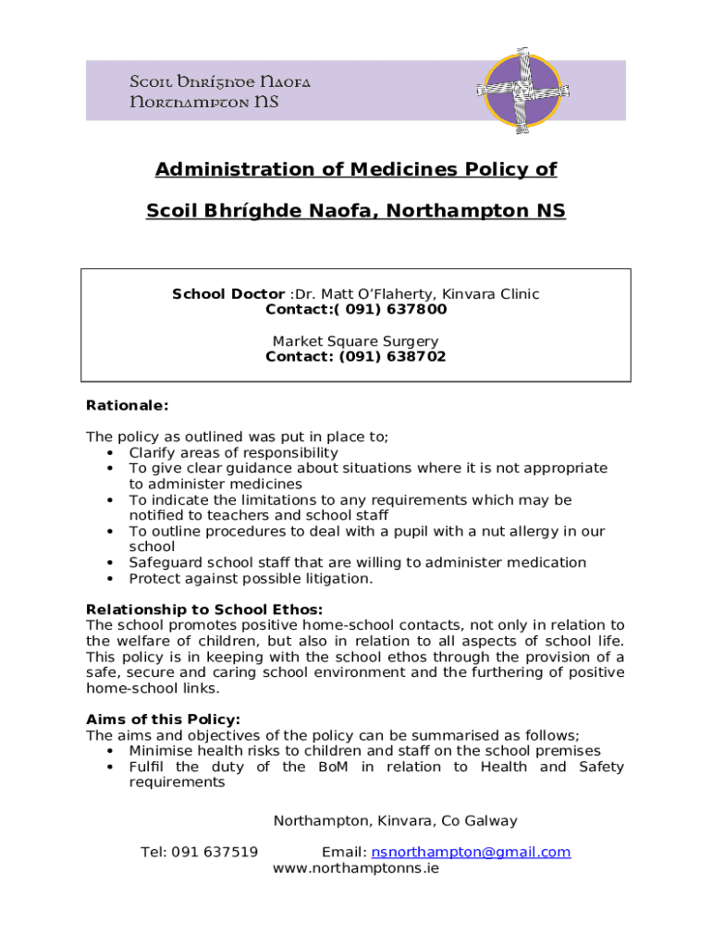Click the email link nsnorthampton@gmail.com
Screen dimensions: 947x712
click(471, 852)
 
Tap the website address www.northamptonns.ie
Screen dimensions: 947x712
click(356, 868)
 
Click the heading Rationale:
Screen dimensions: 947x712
click(128, 405)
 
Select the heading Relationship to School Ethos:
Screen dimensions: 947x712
click(204, 609)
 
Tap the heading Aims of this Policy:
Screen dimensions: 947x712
click(163, 719)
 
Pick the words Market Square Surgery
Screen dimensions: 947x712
click(356, 341)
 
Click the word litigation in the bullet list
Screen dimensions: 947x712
click(339, 579)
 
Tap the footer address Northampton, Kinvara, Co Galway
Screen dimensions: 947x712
click(395, 820)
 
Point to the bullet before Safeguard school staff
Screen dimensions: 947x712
click(111, 563)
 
